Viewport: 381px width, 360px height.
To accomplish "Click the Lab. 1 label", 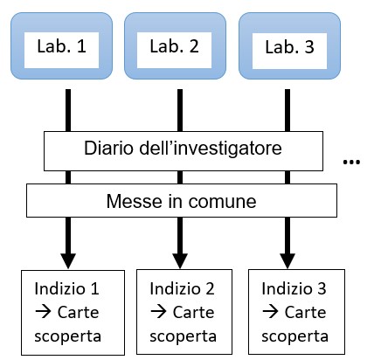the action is click(x=61, y=46).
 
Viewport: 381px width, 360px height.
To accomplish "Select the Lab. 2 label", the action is click(x=174, y=46).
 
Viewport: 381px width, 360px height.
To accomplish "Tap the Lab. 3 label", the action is click(x=289, y=47).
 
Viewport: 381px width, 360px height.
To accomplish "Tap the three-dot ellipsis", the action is click(x=351, y=162).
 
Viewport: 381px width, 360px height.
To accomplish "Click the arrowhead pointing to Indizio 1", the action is click(x=68, y=261).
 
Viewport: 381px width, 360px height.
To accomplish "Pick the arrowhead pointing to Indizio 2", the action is click(x=180, y=261).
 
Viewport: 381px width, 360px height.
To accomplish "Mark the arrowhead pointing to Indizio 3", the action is click(x=287, y=261).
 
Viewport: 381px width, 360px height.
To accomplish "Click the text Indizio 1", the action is click(x=66, y=288).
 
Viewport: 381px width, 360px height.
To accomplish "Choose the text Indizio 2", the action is click(x=182, y=288).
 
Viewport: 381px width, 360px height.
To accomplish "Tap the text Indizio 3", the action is click(x=294, y=288).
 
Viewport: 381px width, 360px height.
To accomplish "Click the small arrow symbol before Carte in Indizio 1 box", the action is click(x=43, y=312).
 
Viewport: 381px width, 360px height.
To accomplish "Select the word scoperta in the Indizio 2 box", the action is click(x=183, y=336).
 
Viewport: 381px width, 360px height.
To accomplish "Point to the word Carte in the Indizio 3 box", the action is click(x=305, y=312).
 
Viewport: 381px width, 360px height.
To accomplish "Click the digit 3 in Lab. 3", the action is click(x=309, y=47).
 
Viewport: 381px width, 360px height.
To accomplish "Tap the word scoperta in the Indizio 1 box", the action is click(x=67, y=336).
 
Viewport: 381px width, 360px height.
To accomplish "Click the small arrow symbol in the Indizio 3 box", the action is click(x=270, y=312).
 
